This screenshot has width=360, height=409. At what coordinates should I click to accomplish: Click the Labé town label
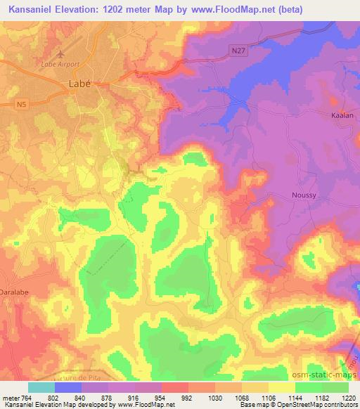79,83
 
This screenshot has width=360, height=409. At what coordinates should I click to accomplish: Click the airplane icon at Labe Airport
60,54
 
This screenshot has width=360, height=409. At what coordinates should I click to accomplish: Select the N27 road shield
240,48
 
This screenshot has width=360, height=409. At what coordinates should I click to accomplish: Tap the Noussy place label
304,195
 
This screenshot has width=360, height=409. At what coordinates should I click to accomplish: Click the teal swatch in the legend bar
41,387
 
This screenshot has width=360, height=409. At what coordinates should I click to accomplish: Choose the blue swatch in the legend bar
68,387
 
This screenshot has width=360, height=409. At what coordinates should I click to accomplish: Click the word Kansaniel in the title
30,11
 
